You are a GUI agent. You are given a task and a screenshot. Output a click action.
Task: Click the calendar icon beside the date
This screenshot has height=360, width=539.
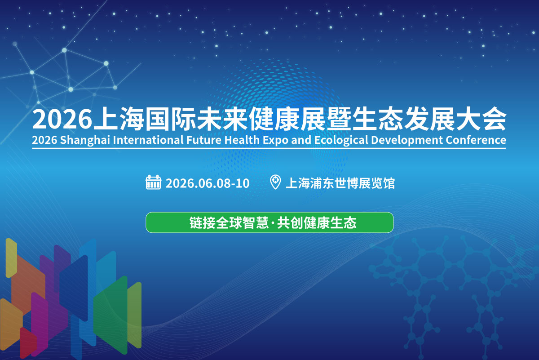click(153, 182)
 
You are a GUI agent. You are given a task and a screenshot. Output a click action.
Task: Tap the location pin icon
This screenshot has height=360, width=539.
click(275, 182)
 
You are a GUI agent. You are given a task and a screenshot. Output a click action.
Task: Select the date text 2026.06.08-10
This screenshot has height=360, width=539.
click(208, 183)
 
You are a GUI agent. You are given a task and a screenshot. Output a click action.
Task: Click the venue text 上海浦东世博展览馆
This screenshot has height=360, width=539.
click(340, 183)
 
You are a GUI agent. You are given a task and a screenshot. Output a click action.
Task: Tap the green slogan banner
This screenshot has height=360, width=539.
click(269, 222)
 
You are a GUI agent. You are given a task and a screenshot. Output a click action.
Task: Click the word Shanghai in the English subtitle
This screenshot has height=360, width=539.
click(85, 140)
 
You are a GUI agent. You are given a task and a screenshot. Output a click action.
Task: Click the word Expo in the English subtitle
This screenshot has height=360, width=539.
click(275, 141)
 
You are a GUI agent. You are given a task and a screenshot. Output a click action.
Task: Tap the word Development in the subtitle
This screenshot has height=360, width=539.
click(406, 140)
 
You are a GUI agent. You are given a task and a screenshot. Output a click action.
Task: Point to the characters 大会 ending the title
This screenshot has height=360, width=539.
click(481, 119)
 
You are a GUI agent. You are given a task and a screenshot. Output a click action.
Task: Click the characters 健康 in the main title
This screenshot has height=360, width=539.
click(274, 119)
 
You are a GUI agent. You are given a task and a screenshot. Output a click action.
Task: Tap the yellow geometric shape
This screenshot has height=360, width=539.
click(11, 258)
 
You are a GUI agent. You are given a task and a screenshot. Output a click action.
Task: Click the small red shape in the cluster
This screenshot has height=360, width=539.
click(28, 342)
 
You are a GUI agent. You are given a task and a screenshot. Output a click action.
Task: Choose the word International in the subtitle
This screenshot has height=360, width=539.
click(148, 140)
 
